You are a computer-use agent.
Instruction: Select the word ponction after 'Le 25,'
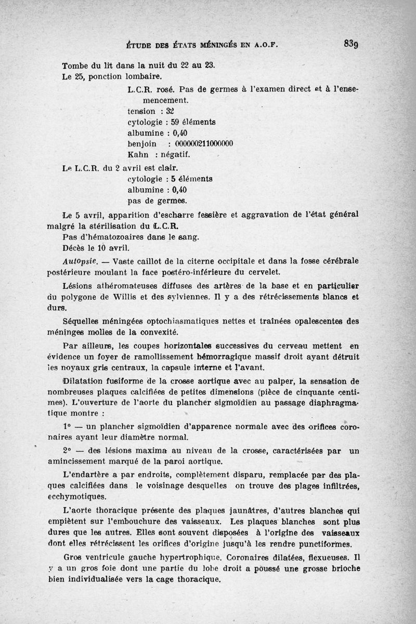point(108,77)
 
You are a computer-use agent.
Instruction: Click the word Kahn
point(138,155)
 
